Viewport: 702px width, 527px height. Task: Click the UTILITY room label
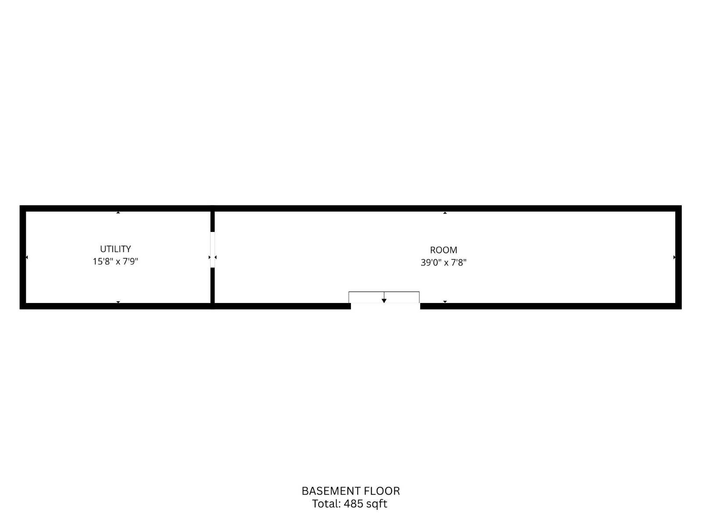coord(115,249)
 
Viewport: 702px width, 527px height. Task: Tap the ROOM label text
coord(444,250)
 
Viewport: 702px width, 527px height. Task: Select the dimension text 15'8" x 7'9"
coord(115,261)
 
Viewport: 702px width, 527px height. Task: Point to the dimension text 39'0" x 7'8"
coord(444,262)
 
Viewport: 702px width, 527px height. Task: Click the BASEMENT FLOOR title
coord(351,491)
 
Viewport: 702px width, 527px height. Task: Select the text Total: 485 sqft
coord(350,504)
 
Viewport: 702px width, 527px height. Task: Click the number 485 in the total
coord(353,504)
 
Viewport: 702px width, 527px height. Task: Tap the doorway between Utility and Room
coord(212,249)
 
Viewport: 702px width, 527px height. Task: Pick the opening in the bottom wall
coord(385,306)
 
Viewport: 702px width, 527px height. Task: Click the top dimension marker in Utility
coord(118,213)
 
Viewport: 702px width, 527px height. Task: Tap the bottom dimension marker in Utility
coord(118,302)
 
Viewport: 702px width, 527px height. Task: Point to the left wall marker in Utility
coord(27,257)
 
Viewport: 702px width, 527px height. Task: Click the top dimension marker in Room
coord(445,213)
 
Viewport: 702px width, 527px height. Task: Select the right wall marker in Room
coord(674,257)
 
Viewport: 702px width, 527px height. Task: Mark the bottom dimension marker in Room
coord(445,302)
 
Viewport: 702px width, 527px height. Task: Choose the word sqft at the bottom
coord(377,504)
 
